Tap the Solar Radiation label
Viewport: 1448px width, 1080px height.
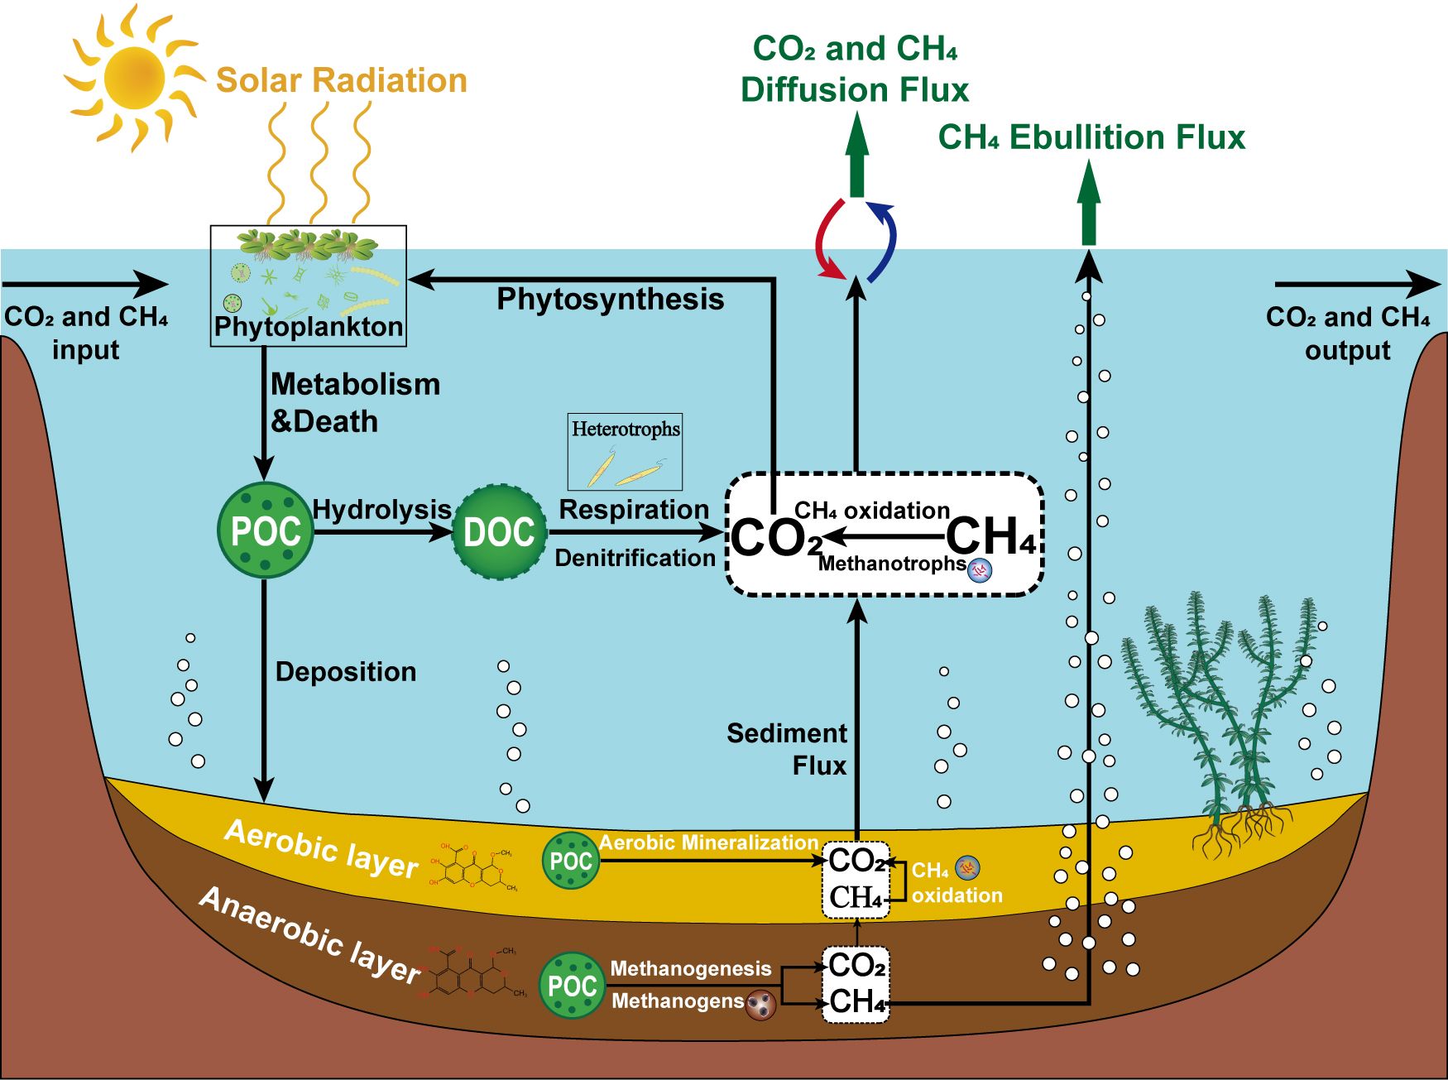(341, 80)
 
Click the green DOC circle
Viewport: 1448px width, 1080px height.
(500, 532)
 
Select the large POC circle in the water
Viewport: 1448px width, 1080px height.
(265, 530)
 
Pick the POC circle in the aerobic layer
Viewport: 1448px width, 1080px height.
(571, 861)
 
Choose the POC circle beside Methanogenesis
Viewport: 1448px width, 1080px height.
(572, 985)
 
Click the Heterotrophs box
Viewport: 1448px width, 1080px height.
(625, 452)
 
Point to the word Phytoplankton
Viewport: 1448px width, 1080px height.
(308, 327)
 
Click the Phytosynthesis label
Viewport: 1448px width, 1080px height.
(610, 299)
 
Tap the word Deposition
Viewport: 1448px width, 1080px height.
(345, 671)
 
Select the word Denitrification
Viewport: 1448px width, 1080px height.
(635, 558)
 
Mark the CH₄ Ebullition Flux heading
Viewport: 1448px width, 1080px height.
(1091, 137)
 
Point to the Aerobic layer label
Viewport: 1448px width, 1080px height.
(321, 849)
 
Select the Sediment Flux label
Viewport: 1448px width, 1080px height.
(786, 749)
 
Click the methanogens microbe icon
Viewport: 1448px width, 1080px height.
(760, 1005)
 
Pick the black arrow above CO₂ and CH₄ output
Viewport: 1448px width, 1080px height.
(1357, 285)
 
